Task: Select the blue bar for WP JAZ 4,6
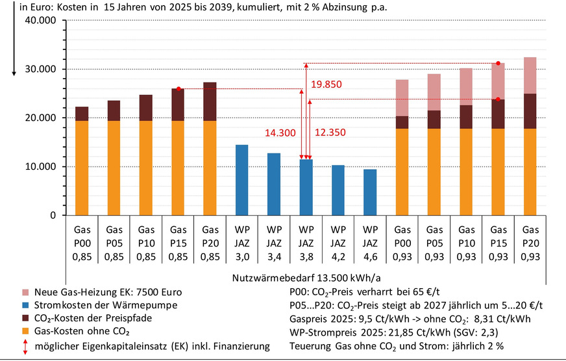pyautogui.click(x=369, y=193)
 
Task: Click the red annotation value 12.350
pyautogui.click(x=331, y=133)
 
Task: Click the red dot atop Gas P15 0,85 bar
pyautogui.click(x=178, y=88)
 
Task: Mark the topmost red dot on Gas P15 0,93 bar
pyautogui.click(x=498, y=63)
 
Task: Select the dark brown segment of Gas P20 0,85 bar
pyautogui.click(x=210, y=101)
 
